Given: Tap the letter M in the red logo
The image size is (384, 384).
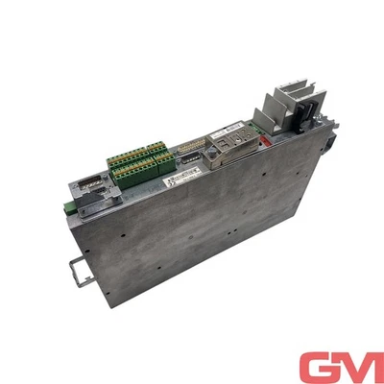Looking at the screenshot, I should pos(357,368).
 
